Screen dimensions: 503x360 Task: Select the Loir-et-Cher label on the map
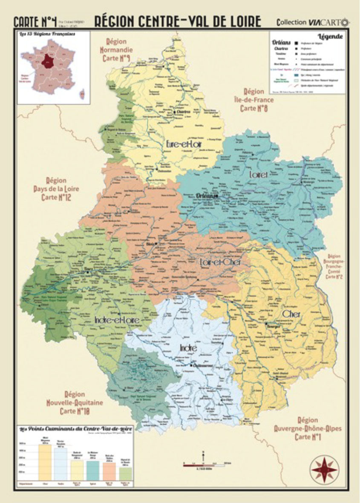click(220, 262)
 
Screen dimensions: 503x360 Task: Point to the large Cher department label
click(291, 314)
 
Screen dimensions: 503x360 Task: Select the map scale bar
click(204, 465)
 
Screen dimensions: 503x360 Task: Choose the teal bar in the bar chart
click(93, 470)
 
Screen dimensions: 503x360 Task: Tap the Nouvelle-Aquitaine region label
click(75, 403)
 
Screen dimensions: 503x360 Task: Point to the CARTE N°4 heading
click(35, 21)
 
